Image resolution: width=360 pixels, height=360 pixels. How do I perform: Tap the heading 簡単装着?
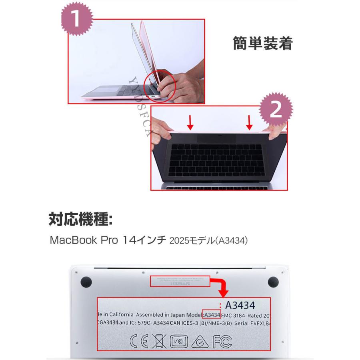(x=262, y=44)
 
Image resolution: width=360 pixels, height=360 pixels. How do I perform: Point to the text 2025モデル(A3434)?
(x=209, y=241)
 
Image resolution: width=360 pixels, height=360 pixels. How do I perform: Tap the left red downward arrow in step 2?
(x=191, y=122)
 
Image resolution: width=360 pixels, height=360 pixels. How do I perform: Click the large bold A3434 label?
(x=240, y=306)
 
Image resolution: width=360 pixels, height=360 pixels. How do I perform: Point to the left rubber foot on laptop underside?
(x=86, y=282)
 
